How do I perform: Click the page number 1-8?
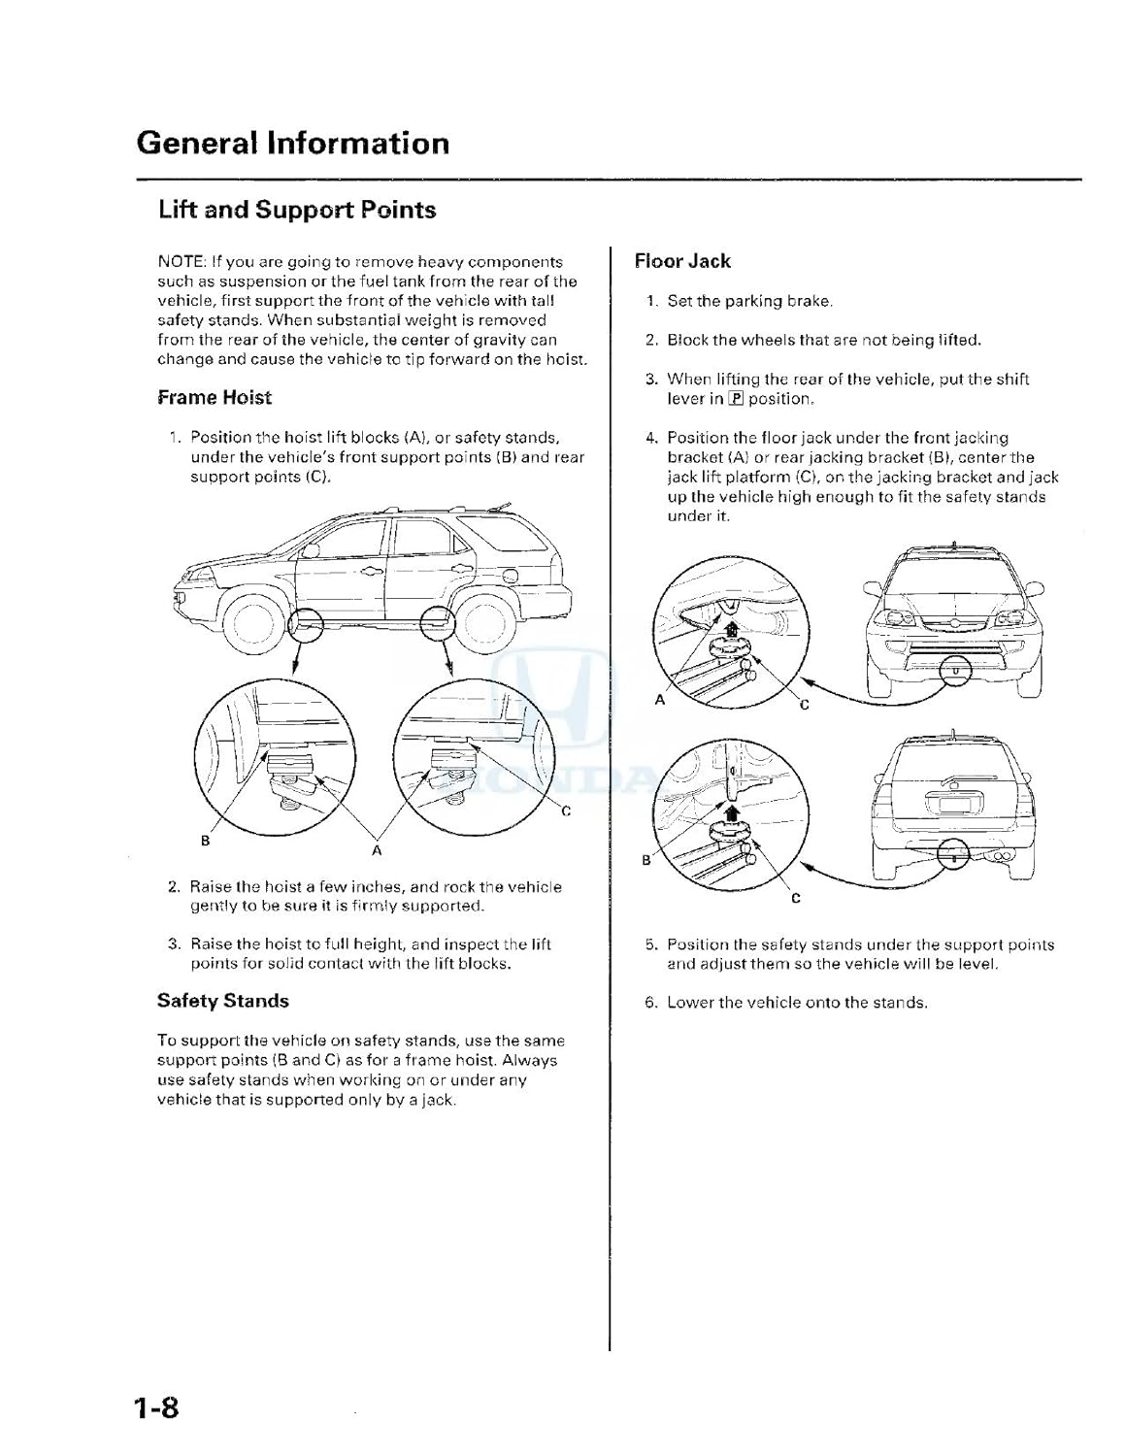coord(158,1406)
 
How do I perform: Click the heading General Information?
coord(292,143)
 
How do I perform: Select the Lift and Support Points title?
coord(297,210)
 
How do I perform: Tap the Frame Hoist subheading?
coord(215,397)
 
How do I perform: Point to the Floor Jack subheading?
coord(681,260)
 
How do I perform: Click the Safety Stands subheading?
coord(223,1000)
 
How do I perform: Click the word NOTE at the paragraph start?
coord(181,262)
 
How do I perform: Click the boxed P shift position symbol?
coord(736,399)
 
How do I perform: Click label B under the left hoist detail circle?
coord(205,841)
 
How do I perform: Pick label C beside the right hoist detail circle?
coord(566,811)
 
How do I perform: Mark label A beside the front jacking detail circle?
coord(660,700)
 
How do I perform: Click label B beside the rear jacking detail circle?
coord(646,860)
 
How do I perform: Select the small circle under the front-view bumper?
coord(956,670)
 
